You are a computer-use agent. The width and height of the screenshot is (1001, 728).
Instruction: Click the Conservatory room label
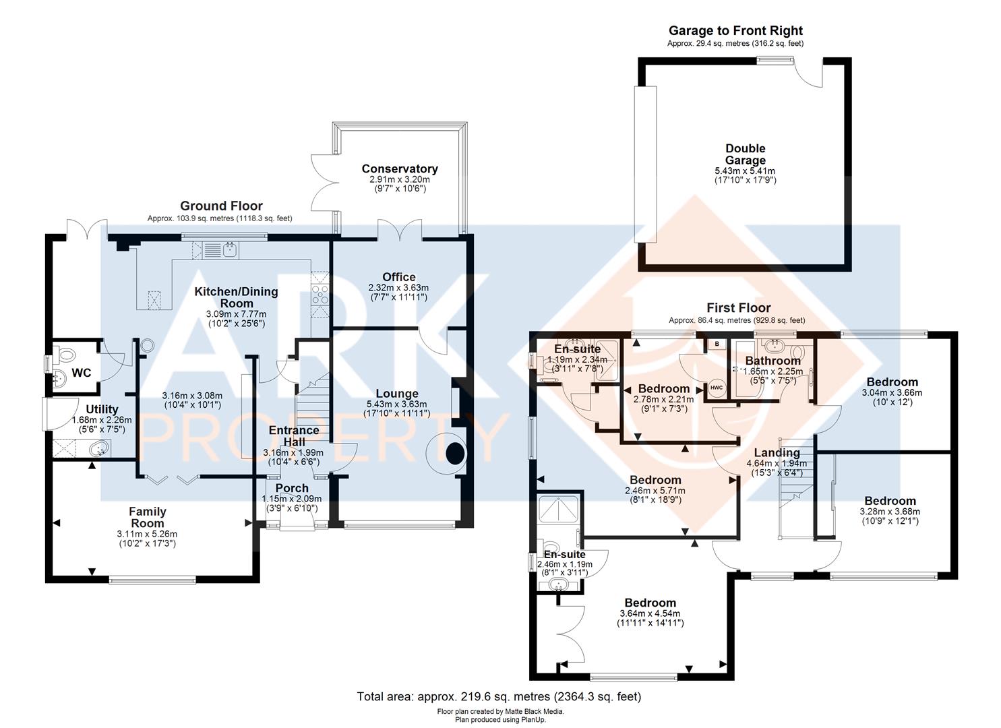400,169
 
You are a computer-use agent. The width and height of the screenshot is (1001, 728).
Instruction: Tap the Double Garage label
745,154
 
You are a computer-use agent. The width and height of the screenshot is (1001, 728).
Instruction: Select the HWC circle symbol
717,388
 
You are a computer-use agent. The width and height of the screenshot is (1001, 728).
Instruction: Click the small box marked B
717,344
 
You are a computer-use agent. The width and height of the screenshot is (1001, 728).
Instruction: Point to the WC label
82,373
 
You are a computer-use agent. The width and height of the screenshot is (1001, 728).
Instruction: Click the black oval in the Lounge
455,454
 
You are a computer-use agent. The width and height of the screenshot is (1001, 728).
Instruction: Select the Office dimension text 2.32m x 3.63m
398,288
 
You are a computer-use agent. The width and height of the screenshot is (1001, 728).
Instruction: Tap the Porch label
292,489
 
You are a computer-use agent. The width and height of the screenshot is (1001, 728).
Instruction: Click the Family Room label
148,517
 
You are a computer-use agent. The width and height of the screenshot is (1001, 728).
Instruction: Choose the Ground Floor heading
221,206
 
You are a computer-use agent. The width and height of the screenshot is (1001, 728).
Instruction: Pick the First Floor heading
739,308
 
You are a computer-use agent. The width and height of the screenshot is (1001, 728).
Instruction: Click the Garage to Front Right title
735,31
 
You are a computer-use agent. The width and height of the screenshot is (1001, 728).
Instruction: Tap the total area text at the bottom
499,696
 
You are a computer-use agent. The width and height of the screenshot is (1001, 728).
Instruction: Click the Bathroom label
772,361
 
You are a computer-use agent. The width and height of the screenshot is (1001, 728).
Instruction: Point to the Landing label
777,453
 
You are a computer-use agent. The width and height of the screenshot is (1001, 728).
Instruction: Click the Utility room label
102,409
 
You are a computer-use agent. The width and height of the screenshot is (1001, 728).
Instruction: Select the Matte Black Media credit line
500,711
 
